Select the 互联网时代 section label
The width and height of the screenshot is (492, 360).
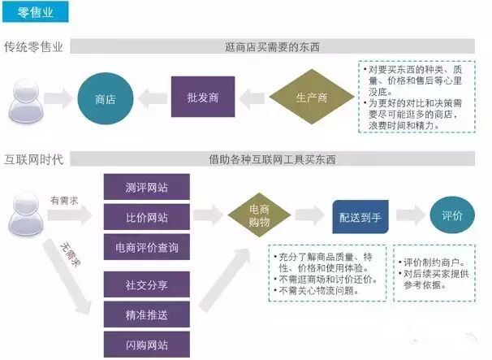[34, 158]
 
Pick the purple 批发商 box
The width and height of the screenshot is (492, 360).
[198, 98]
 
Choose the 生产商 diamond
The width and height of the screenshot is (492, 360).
[311, 98]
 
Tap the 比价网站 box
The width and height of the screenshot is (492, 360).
[147, 217]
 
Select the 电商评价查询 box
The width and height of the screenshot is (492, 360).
[147, 247]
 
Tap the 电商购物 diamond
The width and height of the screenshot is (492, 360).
[260, 215]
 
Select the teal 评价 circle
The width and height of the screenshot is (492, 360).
[451, 216]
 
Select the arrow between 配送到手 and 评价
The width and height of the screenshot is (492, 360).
[409, 216]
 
